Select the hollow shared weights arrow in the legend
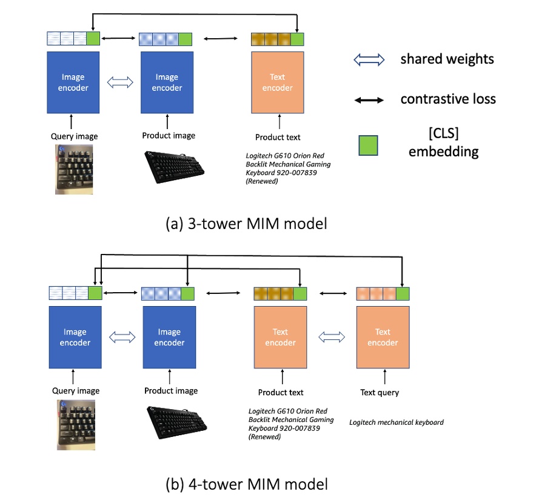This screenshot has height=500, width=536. pyautogui.click(x=369, y=59)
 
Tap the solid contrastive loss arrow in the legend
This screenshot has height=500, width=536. pyautogui.click(x=369, y=99)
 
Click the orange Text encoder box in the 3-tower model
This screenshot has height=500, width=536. pyautogui.click(x=278, y=82)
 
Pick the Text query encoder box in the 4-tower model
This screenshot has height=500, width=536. pyautogui.click(x=383, y=337)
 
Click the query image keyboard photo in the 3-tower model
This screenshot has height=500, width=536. pyautogui.click(x=74, y=169)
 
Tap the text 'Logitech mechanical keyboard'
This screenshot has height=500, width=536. pyautogui.click(x=397, y=422)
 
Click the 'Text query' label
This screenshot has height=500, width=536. pyautogui.click(x=380, y=392)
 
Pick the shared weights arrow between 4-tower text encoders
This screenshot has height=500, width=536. pyautogui.click(x=332, y=337)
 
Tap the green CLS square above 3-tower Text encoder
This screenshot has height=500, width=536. pyautogui.click(x=297, y=39)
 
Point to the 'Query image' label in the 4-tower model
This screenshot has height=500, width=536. pyautogui.click(x=76, y=391)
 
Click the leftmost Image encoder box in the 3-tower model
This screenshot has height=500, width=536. pyautogui.click(x=73, y=82)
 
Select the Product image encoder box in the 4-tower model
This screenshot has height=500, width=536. pyautogui.click(x=169, y=337)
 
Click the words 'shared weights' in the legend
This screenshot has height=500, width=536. pyautogui.click(x=447, y=59)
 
